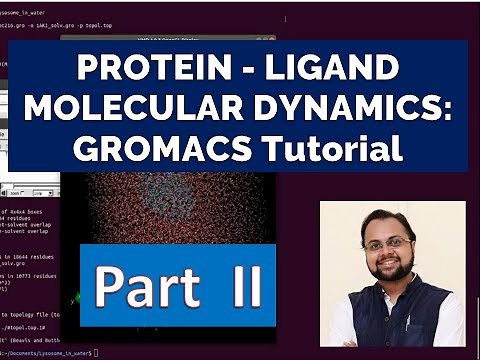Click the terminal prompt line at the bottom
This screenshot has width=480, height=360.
[50, 353]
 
